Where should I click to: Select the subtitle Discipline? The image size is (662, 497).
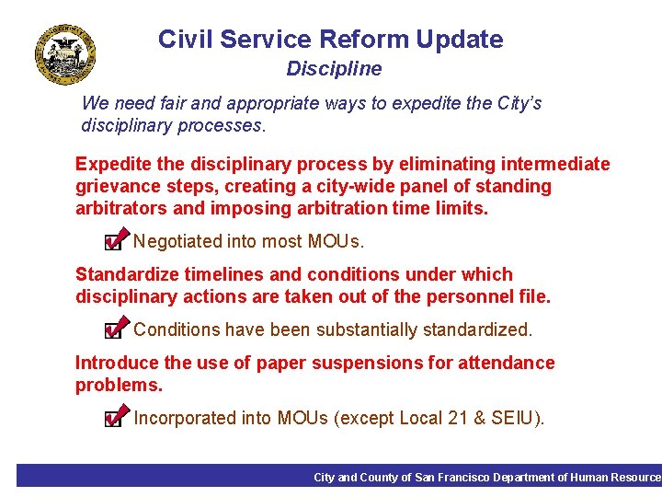pyautogui.click(x=334, y=69)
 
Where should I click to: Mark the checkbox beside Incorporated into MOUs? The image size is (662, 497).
pyautogui.click(x=113, y=419)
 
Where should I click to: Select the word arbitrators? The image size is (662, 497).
pyautogui.click(x=120, y=209)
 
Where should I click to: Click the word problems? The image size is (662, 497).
pyautogui.click(x=118, y=385)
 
